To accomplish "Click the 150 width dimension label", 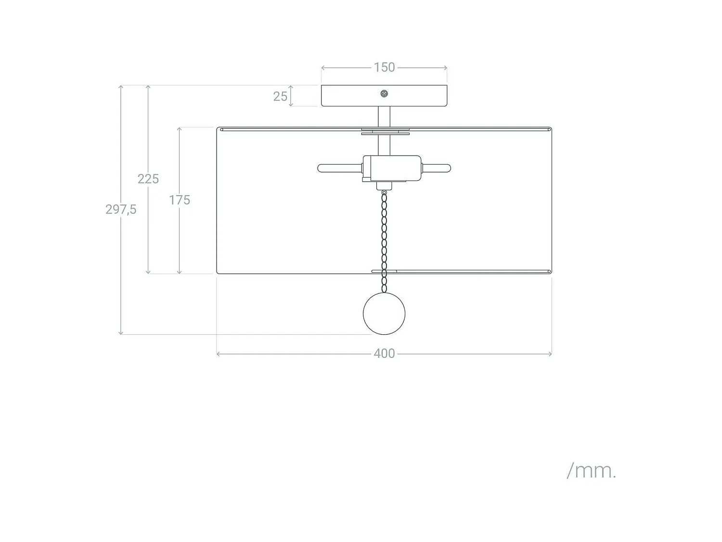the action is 384,67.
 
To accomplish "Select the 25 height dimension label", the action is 280,96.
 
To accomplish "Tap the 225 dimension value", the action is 148,179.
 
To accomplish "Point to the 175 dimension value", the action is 179,200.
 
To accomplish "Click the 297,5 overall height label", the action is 121,209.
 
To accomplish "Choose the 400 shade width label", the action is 384,354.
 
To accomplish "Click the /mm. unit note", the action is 591,471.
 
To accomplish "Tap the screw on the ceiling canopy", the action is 384,94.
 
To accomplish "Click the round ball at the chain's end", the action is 384,314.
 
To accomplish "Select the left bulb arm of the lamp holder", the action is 340,168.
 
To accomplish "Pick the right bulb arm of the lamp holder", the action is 436,168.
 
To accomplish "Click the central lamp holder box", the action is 392,168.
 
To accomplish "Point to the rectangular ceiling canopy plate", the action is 384,96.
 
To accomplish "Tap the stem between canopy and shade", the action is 384,117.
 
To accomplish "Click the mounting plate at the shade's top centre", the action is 385,132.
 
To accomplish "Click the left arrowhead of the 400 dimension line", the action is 218,354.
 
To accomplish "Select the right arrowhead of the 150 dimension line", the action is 446,68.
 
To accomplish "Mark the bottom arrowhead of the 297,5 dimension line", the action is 121,333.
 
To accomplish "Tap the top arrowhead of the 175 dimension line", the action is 179,129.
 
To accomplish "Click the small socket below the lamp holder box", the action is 384,186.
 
